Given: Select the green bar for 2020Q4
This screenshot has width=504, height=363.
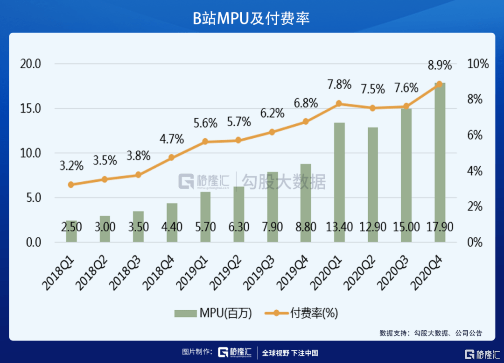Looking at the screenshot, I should [440, 164].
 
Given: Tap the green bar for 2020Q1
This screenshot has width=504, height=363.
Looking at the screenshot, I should [339, 182].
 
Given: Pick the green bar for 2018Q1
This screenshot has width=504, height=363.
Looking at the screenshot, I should [71, 231].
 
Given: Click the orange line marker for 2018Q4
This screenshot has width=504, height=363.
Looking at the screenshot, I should [171, 157].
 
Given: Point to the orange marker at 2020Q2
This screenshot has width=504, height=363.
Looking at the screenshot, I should [372, 108].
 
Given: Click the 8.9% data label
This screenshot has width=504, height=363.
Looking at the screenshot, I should [440, 65].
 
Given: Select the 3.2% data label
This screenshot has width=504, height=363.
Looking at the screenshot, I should [71, 165].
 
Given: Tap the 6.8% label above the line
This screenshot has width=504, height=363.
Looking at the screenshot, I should [306, 103].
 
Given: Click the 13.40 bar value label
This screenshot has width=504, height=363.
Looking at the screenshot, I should [339, 228].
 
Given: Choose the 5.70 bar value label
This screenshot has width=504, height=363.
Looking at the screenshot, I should [205, 228].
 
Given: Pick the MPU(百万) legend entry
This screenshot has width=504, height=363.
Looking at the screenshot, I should [213, 313].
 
